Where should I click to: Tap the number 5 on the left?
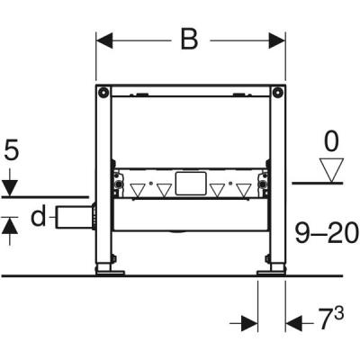point(10,148)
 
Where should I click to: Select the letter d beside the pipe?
point(37,217)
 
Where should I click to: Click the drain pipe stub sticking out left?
point(71,216)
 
